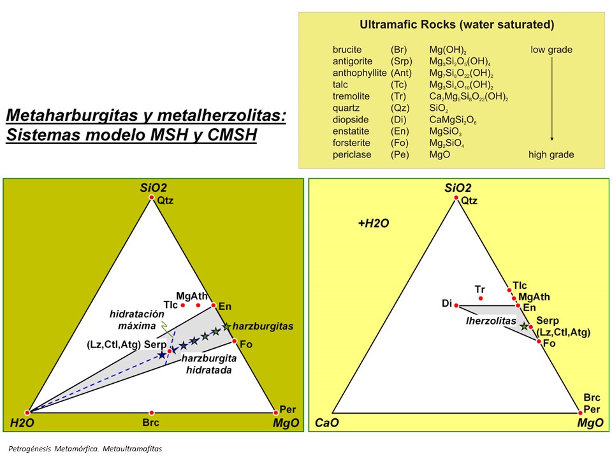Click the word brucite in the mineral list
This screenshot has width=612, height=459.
pos(347,50)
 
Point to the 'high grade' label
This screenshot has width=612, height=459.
pos(551,154)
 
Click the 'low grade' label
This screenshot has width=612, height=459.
pos(551,50)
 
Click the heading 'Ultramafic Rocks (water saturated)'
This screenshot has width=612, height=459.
pos(456,25)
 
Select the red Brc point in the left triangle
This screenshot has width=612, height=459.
pos(151,412)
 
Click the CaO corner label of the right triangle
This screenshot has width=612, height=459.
pos(327,423)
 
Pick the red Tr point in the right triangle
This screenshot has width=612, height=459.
pos(481,298)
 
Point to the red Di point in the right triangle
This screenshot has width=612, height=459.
pos(456,306)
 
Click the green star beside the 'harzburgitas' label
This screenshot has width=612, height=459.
pos(226,326)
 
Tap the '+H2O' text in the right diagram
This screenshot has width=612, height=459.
pos(373,224)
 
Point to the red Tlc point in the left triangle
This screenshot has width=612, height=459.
pos(183,306)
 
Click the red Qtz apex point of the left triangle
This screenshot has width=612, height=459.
pos(152,198)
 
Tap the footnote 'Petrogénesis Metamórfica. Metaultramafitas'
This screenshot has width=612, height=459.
pos(85,449)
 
